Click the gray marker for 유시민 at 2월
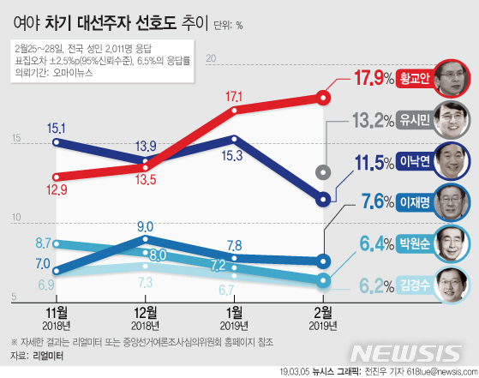322,171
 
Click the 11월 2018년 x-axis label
57,315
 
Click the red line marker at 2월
322,97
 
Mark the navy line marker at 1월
233,138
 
